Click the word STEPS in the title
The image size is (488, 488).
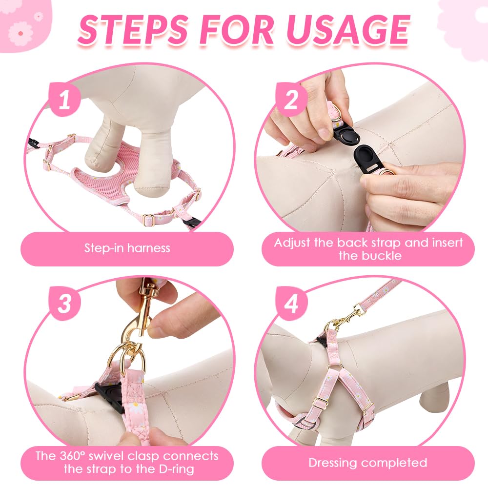[133, 30]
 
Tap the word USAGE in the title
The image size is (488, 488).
[347, 30]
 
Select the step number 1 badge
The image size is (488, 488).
[65, 99]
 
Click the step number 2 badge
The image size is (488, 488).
[291, 99]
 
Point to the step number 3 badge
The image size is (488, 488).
[65, 304]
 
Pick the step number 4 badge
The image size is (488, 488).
[291, 304]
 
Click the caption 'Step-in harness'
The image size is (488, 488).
[127, 248]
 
